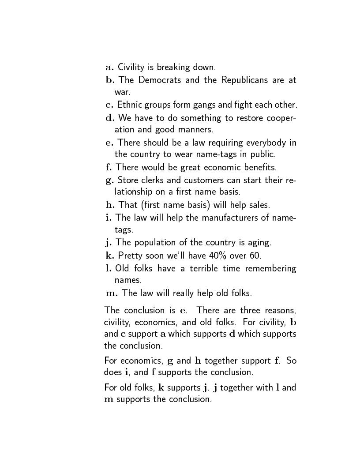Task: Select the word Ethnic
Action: point(129,105)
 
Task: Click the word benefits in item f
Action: point(258,167)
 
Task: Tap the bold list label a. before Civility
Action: point(110,68)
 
